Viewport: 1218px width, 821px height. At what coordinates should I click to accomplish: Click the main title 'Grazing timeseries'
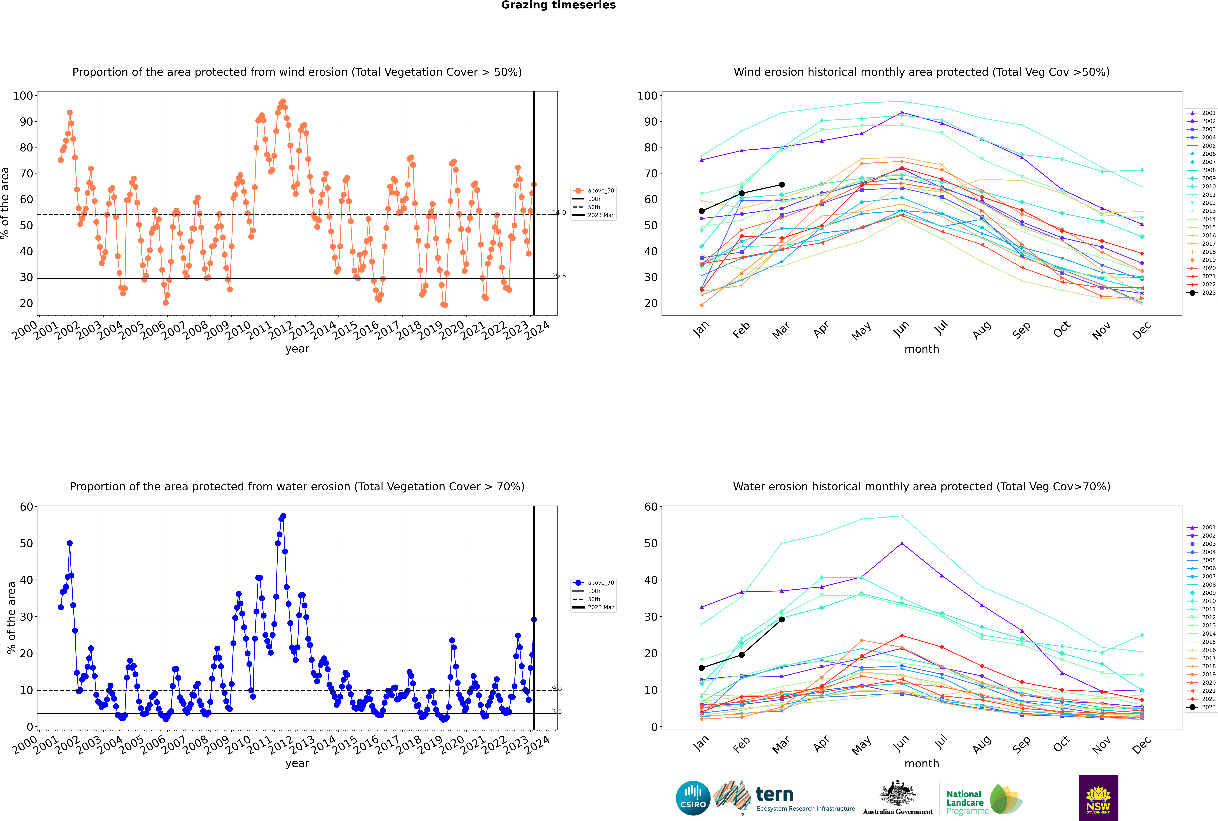[x=558, y=5]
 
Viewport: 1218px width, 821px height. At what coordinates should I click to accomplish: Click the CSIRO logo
[x=693, y=798]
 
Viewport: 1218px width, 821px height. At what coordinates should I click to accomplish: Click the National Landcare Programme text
[x=965, y=802]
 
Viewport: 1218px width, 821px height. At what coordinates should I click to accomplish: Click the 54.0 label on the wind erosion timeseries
[x=559, y=213]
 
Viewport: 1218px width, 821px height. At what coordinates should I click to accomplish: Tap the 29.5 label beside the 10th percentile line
[x=559, y=276]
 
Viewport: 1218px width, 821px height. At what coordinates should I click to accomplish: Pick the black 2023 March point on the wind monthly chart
[x=782, y=185]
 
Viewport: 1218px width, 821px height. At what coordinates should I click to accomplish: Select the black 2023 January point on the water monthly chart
[x=702, y=668]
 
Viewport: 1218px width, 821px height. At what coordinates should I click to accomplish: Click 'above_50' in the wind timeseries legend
[x=601, y=191]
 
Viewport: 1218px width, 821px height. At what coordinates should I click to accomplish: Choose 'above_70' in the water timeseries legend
[x=601, y=583]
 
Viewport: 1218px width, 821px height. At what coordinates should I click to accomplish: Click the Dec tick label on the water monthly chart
[x=1142, y=744]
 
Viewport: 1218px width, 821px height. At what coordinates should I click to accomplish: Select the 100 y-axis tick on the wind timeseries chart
[x=23, y=96]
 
